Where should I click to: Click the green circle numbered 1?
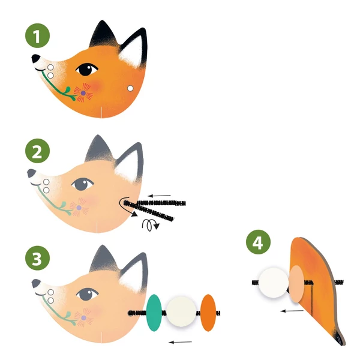[37, 37]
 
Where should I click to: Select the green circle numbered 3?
[37, 260]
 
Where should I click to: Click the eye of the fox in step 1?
[88, 70]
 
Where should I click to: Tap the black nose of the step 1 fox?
[37, 59]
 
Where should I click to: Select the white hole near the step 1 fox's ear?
[130, 89]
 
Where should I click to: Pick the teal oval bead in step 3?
[154, 312]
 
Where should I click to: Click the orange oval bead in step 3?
[208, 313]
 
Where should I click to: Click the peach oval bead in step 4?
[296, 284]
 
